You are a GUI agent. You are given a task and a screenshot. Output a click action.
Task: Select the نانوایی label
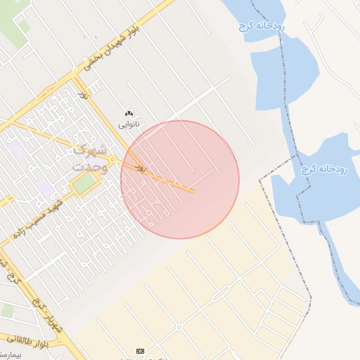click(128, 124)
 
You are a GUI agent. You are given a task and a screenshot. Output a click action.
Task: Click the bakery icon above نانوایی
click(128, 113)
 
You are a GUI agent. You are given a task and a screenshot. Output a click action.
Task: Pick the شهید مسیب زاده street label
click(42, 214)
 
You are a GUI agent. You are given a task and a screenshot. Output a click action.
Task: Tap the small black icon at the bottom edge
click(141, 350)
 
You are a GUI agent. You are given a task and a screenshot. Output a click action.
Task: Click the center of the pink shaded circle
click(180, 180)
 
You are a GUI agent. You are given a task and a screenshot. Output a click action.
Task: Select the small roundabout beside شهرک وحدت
click(112, 160)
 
